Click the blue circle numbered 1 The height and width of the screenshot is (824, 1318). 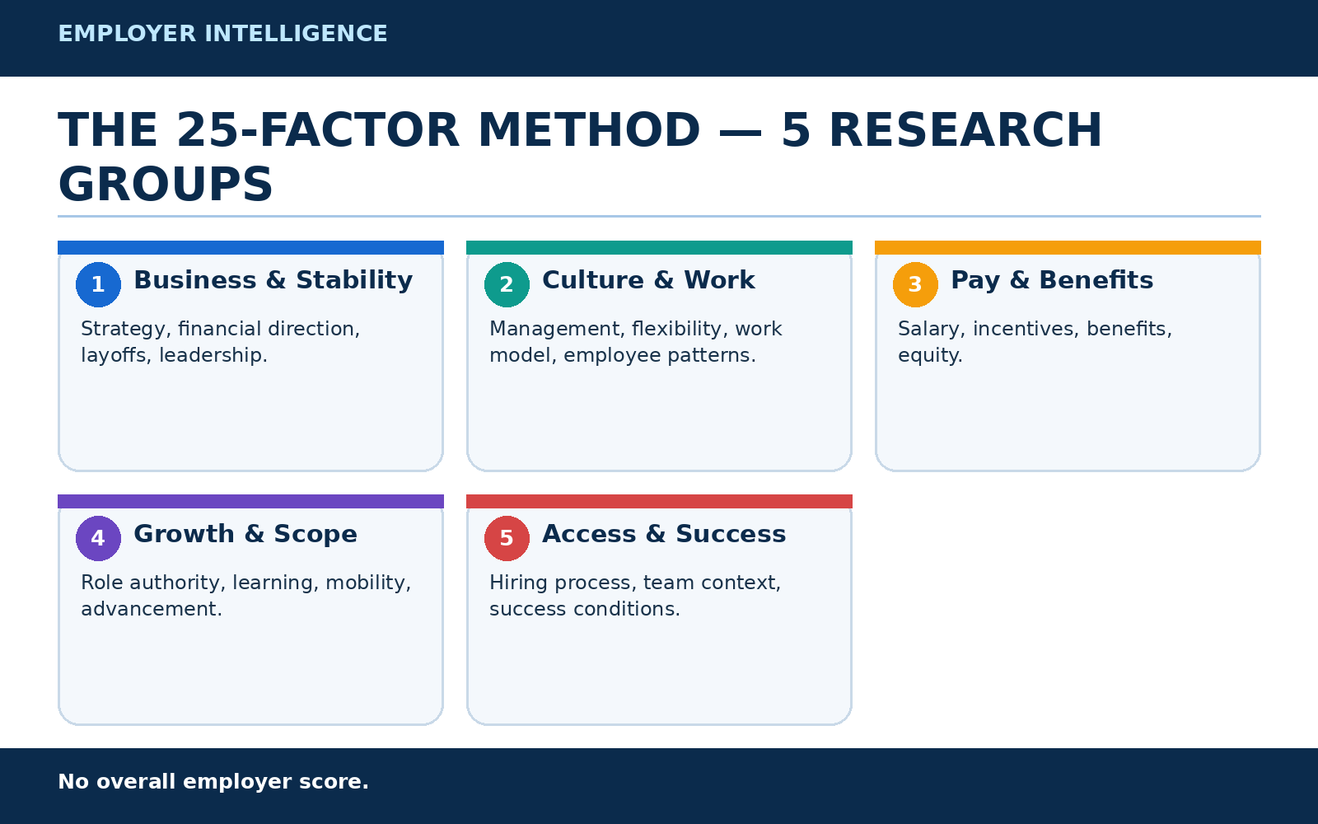tap(98, 284)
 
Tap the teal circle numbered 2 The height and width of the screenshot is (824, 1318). tap(507, 284)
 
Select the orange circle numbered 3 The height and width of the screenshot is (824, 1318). tap(915, 284)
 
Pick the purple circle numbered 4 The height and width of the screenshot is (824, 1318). tap(98, 538)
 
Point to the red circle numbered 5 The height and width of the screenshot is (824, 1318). tap(507, 538)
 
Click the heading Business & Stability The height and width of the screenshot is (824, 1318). tap(273, 281)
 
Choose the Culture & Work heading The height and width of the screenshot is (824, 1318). tap(647, 280)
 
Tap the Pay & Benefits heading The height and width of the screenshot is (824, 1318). tap(1051, 281)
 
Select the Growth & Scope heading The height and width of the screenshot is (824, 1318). tap(245, 535)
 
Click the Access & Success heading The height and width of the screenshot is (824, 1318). tap(664, 534)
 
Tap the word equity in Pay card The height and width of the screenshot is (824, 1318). tap(930, 355)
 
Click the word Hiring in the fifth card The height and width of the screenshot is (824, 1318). tap(519, 583)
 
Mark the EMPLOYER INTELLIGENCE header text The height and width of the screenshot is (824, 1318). tap(222, 34)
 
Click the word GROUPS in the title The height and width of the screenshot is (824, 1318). tap(166, 185)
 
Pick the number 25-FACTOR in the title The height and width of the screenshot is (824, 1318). tap(318, 130)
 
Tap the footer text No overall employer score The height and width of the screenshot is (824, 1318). tap(213, 782)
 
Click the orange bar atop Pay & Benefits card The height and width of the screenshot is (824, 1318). tap(1068, 247)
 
